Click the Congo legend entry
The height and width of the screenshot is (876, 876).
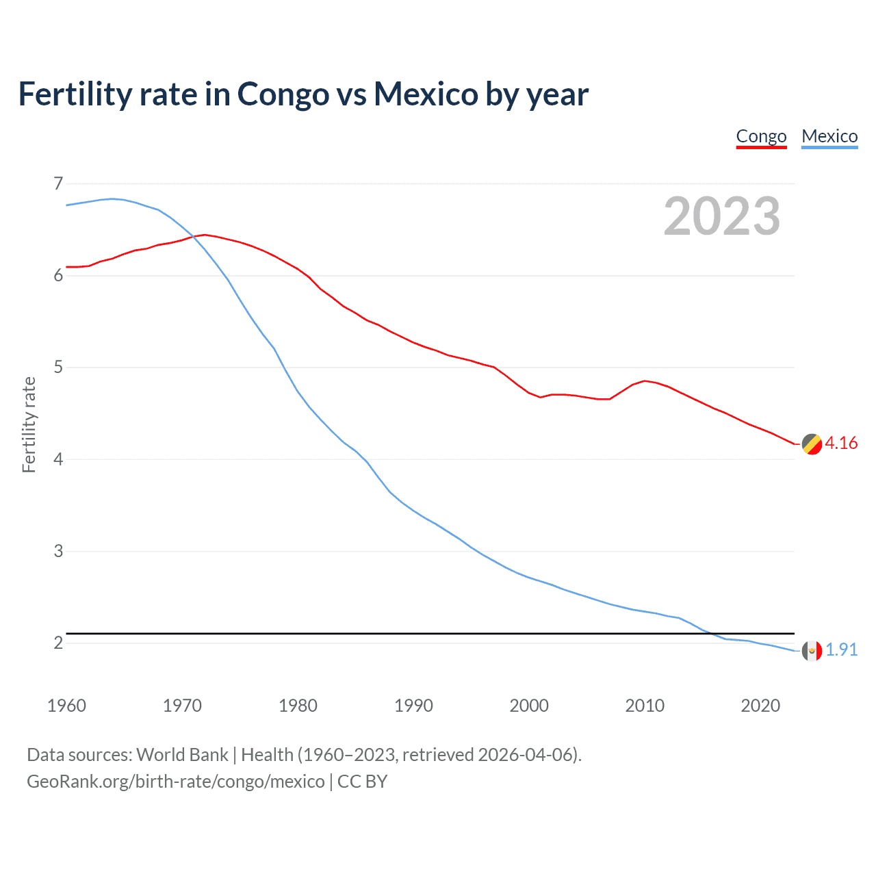[x=761, y=136]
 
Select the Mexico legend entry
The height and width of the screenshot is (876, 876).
[x=829, y=136]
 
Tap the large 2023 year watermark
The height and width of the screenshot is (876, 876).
[x=722, y=216]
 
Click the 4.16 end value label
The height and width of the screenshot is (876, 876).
[x=841, y=443]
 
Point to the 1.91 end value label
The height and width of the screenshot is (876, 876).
[x=841, y=649]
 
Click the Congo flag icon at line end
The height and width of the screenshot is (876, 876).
[x=812, y=444]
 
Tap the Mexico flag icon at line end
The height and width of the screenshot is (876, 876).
[x=812, y=651]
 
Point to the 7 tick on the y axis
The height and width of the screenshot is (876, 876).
[x=58, y=183]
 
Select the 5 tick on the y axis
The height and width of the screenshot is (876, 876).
[x=58, y=368]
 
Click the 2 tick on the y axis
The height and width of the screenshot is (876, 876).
[x=58, y=643]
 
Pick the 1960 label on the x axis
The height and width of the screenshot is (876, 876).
[x=66, y=706]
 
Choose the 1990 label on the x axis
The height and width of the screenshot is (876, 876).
[x=413, y=706]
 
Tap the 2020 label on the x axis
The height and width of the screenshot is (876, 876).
[x=760, y=706]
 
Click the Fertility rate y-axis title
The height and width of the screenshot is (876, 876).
[x=29, y=424]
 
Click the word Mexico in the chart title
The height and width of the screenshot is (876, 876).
[x=425, y=94]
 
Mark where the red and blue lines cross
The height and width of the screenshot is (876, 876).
[x=194, y=237]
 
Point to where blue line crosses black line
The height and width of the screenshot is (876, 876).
[x=710, y=633]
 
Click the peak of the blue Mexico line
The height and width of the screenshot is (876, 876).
[x=112, y=198]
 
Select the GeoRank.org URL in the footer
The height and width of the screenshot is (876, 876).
[x=176, y=782]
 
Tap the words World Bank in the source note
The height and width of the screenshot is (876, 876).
[x=182, y=755]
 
